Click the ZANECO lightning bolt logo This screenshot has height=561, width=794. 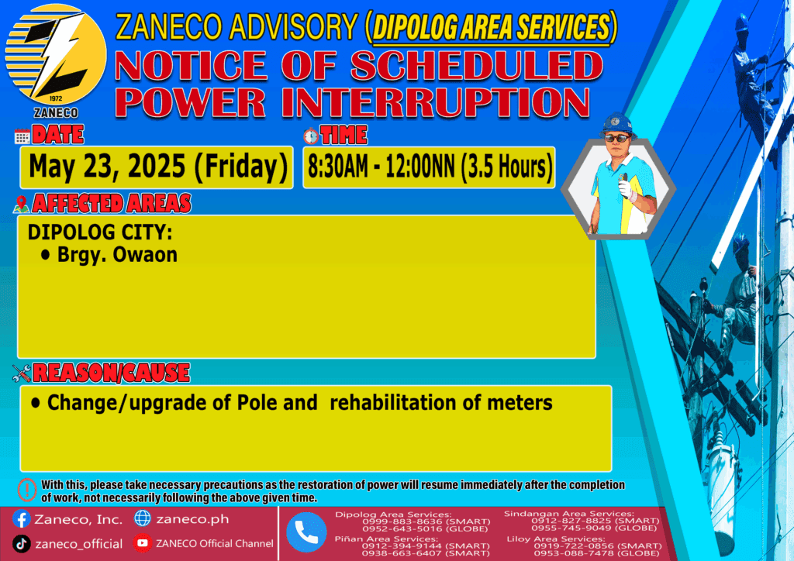tap(56, 55)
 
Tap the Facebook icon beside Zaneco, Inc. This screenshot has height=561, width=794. tap(21, 519)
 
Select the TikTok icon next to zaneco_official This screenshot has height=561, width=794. tap(21, 544)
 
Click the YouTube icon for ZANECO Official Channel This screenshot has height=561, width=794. tap(143, 543)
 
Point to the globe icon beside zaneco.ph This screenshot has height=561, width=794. tap(143, 518)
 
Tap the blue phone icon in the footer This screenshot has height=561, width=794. tap(306, 532)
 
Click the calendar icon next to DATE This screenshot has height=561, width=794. tap(22, 136)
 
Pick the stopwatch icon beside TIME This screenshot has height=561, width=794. tap(311, 136)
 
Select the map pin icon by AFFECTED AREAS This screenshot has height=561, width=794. tap(21, 205)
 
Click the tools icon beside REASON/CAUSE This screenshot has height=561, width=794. tap(22, 373)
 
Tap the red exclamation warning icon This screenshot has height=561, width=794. tap(27, 490)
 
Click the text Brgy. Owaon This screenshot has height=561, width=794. tap(117, 255)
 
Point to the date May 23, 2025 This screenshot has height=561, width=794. tap(107, 167)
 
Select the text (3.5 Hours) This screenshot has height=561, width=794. tap(506, 167)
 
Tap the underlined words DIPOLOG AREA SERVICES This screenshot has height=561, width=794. tap(491, 27)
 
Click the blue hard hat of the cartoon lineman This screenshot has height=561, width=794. tap(616, 124)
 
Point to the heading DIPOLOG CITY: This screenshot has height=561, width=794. tap(100, 232)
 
